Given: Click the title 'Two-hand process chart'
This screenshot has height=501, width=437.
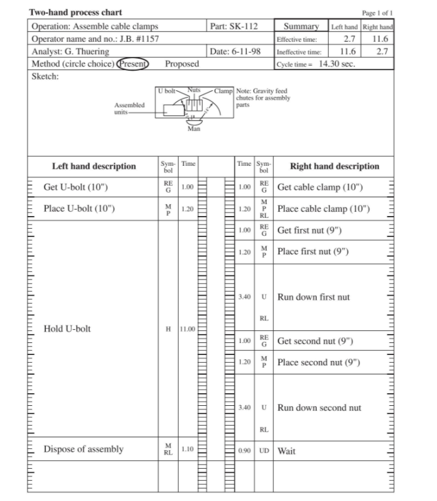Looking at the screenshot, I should (76, 13).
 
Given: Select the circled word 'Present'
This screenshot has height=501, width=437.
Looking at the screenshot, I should (133, 63).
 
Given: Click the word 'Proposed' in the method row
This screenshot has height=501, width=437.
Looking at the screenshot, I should (182, 63).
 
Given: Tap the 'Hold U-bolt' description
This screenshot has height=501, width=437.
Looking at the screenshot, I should (68, 329).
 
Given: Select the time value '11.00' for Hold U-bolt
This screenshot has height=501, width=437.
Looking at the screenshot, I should (188, 329).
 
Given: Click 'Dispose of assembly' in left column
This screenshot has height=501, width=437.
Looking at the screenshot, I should (84, 449).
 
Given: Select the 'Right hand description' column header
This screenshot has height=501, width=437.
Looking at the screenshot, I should (334, 166).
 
